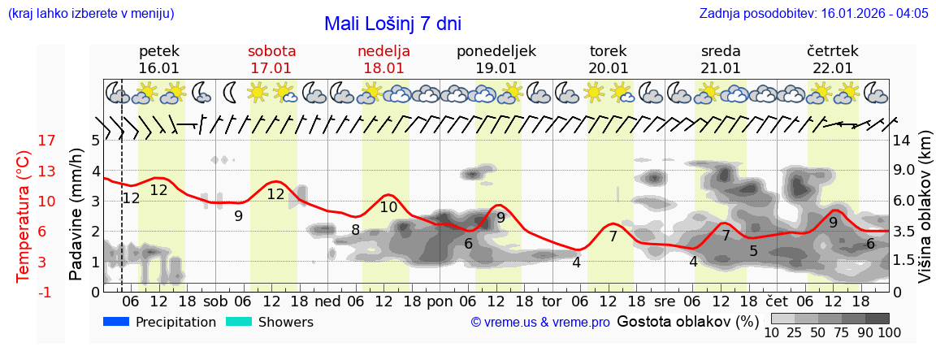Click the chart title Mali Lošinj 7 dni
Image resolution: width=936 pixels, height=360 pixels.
click(x=392, y=24)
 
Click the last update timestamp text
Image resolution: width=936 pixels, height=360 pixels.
click(x=813, y=14)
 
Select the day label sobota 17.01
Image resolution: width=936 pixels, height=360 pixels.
click(x=271, y=59)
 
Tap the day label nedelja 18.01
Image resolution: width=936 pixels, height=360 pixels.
click(x=383, y=59)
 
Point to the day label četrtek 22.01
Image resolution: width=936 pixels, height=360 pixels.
click(x=832, y=59)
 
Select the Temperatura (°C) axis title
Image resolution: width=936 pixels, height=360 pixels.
click(x=24, y=216)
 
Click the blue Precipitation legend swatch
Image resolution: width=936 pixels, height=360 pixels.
click(x=117, y=322)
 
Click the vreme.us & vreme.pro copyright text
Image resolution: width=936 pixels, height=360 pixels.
click(x=540, y=323)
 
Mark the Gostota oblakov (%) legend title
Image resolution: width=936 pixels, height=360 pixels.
click(x=687, y=321)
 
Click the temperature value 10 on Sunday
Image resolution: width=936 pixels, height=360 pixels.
click(x=388, y=207)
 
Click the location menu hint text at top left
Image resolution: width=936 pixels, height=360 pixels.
click(x=90, y=14)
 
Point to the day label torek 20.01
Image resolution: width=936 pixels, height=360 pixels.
click(x=609, y=59)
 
